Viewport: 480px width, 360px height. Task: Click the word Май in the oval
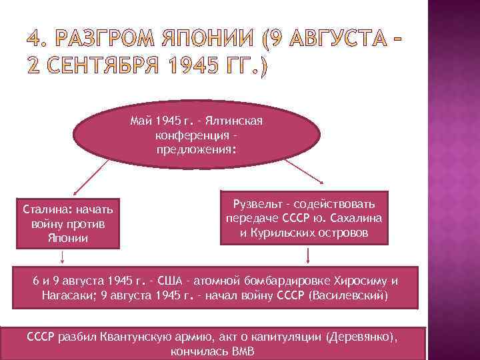point(141,122)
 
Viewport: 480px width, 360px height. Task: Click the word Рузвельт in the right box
point(253,203)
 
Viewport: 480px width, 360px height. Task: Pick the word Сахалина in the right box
point(361,219)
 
